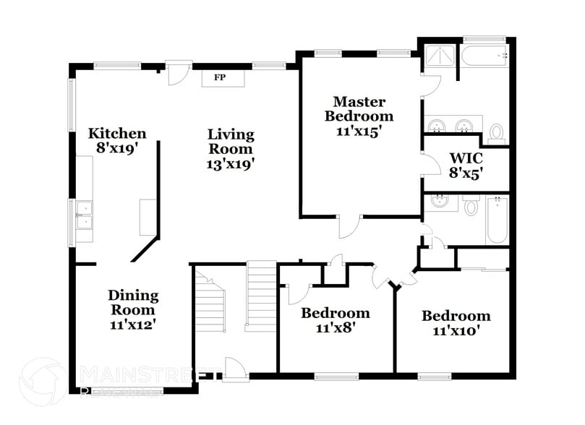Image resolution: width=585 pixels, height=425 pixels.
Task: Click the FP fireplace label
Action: tap(218, 77)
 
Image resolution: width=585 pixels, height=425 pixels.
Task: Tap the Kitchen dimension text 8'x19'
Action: tap(117, 147)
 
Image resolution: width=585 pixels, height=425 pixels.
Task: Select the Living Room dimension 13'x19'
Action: tap(231, 163)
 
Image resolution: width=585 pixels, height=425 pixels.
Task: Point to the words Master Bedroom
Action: tap(359, 108)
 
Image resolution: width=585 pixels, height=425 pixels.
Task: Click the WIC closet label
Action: tap(466, 158)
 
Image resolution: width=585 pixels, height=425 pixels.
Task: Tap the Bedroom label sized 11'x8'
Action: tap(335, 313)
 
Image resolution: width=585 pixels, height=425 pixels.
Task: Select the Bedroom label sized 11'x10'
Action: tap(456, 316)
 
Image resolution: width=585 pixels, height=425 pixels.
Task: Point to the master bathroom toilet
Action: tap(496, 132)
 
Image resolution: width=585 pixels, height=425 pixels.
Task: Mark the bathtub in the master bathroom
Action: tap(484, 55)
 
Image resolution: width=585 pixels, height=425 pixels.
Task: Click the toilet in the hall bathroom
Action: tap(471, 207)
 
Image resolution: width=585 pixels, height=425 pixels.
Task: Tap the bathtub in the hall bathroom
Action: tap(497, 220)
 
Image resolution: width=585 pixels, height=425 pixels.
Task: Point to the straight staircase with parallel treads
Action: tap(260, 296)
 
